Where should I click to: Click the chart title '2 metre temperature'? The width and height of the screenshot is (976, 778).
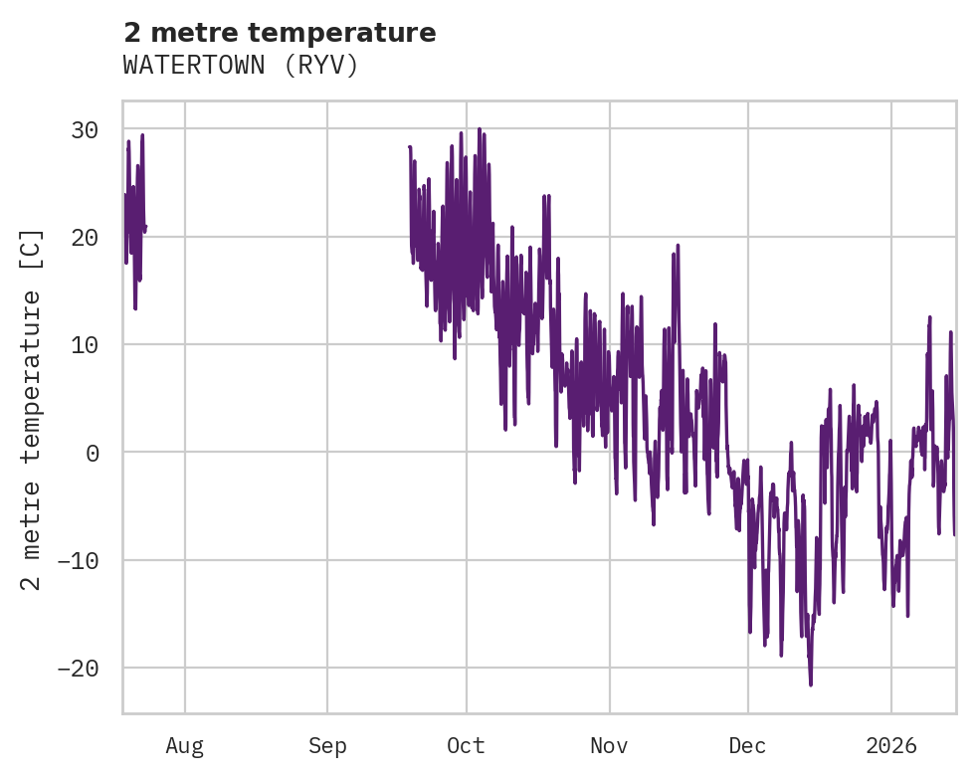pyautogui.click(x=280, y=34)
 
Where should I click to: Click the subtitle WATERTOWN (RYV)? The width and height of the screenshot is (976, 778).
pyautogui.click(x=240, y=66)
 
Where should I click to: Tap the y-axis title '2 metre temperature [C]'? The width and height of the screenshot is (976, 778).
pyautogui.click(x=32, y=409)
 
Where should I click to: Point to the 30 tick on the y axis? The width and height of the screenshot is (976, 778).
pyautogui.click(x=85, y=129)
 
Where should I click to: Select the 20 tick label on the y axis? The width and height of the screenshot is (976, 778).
pyautogui.click(x=85, y=237)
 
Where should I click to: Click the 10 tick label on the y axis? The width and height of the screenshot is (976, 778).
pyautogui.click(x=85, y=344)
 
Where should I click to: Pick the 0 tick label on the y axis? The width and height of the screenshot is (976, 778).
pyautogui.click(x=92, y=453)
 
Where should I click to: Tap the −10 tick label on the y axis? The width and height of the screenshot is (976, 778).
pyautogui.click(x=78, y=560)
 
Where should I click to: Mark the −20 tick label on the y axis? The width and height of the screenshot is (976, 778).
pyautogui.click(x=78, y=668)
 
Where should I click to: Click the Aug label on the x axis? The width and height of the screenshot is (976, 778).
pyautogui.click(x=185, y=746)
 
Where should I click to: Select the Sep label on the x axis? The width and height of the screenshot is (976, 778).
pyautogui.click(x=327, y=746)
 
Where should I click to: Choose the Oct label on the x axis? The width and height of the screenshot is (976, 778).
pyautogui.click(x=466, y=746)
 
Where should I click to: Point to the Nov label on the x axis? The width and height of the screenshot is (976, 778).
pyautogui.click(x=609, y=746)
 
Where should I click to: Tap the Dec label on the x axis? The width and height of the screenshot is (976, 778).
pyautogui.click(x=747, y=746)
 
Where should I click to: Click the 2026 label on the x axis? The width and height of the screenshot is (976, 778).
pyautogui.click(x=891, y=746)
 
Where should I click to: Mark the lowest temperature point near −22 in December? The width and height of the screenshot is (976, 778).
pyautogui.click(x=811, y=684)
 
